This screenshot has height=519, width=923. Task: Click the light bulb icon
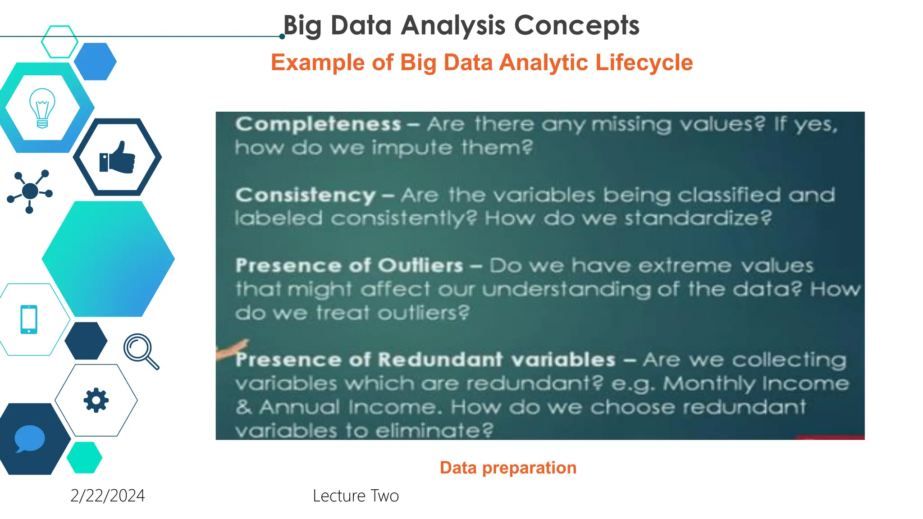pyautogui.click(x=42, y=108)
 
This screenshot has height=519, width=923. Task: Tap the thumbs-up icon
pyautogui.click(x=117, y=158)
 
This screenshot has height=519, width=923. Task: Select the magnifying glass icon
pyautogui.click(x=141, y=351)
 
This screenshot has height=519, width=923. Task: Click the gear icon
pyautogui.click(x=96, y=400)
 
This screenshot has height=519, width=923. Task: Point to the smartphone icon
pyautogui.click(x=29, y=319)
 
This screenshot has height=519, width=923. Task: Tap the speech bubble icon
pyautogui.click(x=30, y=438)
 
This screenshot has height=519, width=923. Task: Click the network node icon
pyautogui.click(x=30, y=191)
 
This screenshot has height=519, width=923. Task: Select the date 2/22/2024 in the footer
pyautogui.click(x=108, y=496)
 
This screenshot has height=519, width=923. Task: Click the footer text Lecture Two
pyautogui.click(x=356, y=496)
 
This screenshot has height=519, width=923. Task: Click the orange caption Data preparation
pyautogui.click(x=508, y=468)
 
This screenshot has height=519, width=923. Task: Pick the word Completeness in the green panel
pyautogui.click(x=318, y=124)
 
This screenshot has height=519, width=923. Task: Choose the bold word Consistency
pyautogui.click(x=305, y=195)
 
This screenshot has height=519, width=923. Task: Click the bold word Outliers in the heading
pyautogui.click(x=420, y=265)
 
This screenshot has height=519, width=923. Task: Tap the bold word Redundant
pyautogui.click(x=440, y=360)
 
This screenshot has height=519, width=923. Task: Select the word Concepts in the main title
pyautogui.click(x=576, y=25)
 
